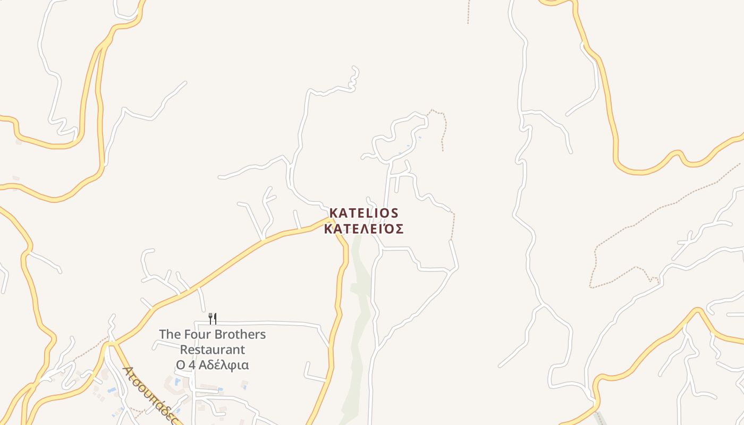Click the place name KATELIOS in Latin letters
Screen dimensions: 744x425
363,213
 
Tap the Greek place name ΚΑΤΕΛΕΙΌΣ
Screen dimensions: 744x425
363,229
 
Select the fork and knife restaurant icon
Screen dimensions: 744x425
213,318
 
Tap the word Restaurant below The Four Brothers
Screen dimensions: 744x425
213,350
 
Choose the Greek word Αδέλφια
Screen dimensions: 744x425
227,365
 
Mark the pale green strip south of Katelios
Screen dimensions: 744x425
360,319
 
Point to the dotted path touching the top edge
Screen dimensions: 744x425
468,11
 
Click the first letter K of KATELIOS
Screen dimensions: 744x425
333,213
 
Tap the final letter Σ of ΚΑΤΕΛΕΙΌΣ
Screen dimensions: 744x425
399,229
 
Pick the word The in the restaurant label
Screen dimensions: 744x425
170,335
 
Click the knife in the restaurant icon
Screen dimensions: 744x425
215,318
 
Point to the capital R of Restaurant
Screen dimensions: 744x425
184,350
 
